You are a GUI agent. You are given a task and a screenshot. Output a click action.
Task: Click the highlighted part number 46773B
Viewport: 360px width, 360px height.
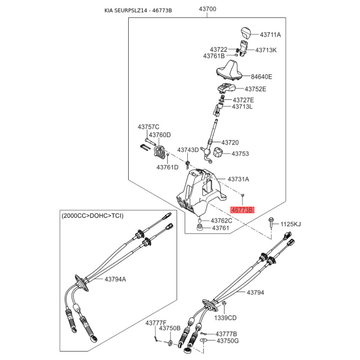click(243, 210)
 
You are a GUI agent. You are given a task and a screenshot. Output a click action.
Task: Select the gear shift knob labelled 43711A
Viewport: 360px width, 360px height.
click(245, 33)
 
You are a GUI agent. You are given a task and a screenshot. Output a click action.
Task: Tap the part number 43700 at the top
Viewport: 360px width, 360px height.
click(207, 9)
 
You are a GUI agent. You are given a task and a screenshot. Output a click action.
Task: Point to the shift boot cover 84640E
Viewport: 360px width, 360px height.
click(230, 71)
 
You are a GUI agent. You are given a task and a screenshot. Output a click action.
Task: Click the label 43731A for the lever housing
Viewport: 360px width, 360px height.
click(238, 179)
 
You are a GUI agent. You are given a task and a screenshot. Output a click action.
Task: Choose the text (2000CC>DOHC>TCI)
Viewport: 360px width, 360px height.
click(92, 216)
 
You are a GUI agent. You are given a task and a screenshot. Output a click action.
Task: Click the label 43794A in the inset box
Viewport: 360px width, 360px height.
click(115, 279)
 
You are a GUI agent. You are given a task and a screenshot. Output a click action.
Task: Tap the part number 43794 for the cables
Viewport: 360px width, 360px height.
click(255, 292)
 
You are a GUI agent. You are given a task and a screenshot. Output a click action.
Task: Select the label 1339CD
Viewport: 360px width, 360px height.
click(225, 318)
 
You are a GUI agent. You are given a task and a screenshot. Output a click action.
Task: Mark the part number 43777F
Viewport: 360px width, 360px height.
click(156, 323)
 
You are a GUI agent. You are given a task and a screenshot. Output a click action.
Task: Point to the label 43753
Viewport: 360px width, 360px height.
click(240, 153)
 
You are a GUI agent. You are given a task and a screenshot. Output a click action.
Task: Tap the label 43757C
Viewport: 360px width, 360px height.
click(148, 127)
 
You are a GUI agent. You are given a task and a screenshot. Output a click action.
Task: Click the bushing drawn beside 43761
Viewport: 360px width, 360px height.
click(200, 228)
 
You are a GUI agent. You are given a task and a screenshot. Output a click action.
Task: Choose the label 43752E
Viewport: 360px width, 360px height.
click(255, 89)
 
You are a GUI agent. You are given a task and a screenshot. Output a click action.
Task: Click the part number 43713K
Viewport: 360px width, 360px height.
click(266, 50)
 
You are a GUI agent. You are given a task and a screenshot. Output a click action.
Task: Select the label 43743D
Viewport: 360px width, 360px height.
click(188, 150)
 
